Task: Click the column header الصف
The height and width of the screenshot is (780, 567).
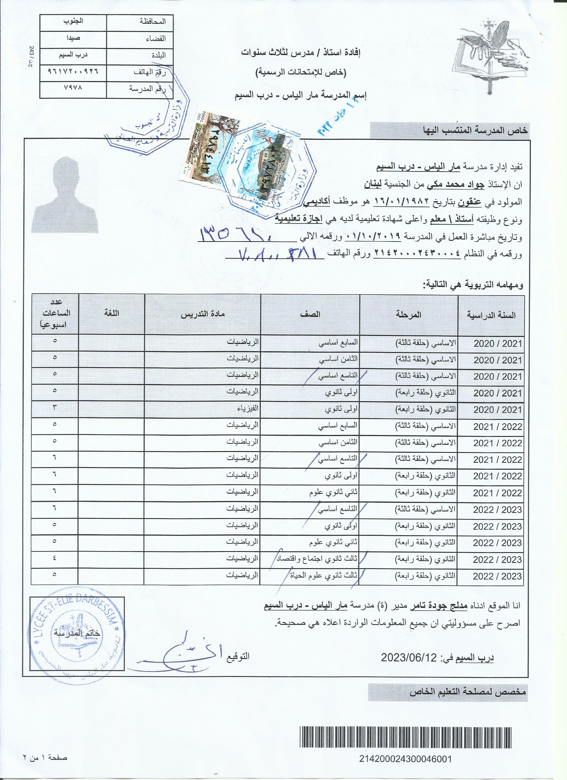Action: pos(311,314)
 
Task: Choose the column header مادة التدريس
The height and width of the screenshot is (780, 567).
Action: pos(203,314)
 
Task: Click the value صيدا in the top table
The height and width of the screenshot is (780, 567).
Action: pos(71,38)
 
